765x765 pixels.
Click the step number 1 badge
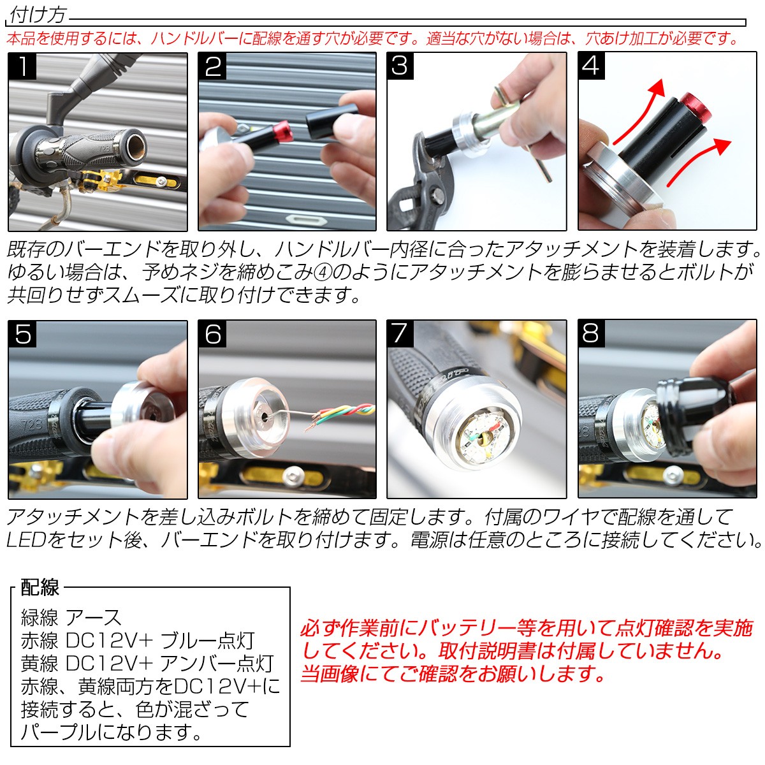click(x=22, y=66)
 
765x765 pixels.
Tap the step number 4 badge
click(x=591, y=66)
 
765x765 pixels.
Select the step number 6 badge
click(x=212, y=333)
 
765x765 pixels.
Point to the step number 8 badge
click(x=591, y=333)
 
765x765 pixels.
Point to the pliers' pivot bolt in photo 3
click(x=438, y=195)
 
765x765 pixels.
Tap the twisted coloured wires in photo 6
click(x=342, y=414)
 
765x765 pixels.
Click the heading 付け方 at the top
click(x=38, y=16)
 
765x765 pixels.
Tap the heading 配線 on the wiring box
click(x=40, y=587)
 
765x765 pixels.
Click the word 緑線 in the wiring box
click(x=40, y=618)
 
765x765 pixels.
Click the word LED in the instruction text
click(x=25, y=540)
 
